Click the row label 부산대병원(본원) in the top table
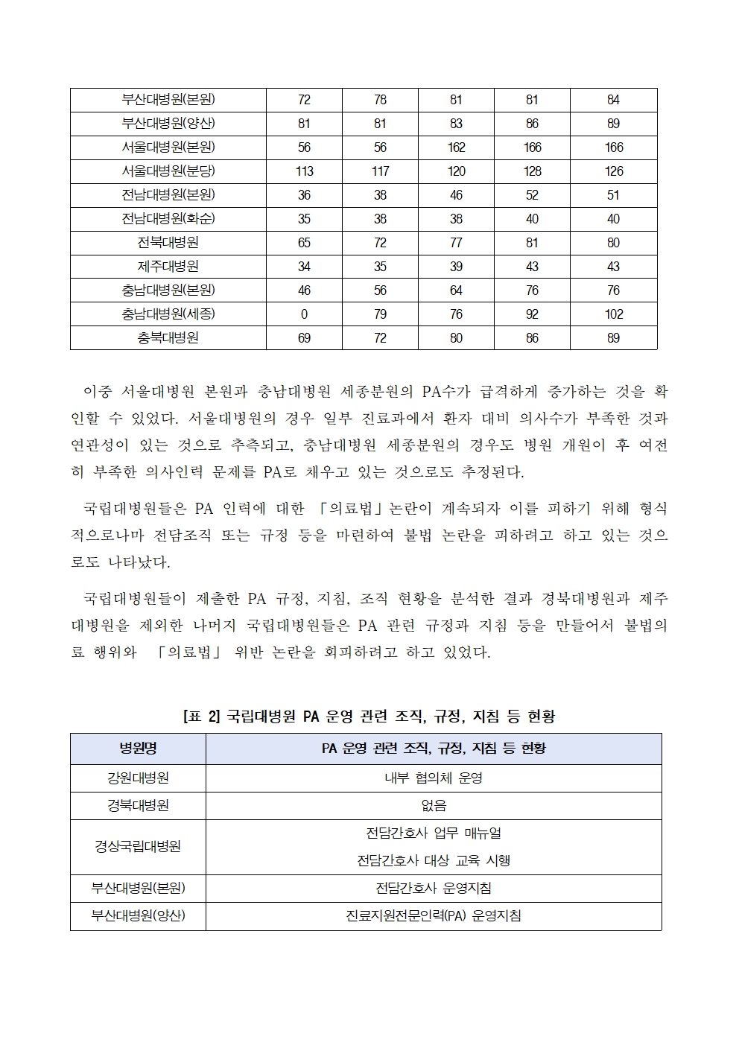168,100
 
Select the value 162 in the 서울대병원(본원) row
456,147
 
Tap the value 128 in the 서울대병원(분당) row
532,171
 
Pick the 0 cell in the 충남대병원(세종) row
304,314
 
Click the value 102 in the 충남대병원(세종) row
613,314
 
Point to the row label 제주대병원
168,267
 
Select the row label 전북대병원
168,243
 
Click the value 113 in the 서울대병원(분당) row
304,171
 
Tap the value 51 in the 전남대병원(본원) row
613,195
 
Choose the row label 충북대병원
168,338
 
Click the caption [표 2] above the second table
201,717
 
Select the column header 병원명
138,749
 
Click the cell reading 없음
434,806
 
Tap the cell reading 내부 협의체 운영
434,778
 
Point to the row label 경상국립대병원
138,847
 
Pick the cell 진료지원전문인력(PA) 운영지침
434,916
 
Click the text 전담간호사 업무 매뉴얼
434,833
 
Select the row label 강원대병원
138,778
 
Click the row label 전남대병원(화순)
168,219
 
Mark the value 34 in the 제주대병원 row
304,267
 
